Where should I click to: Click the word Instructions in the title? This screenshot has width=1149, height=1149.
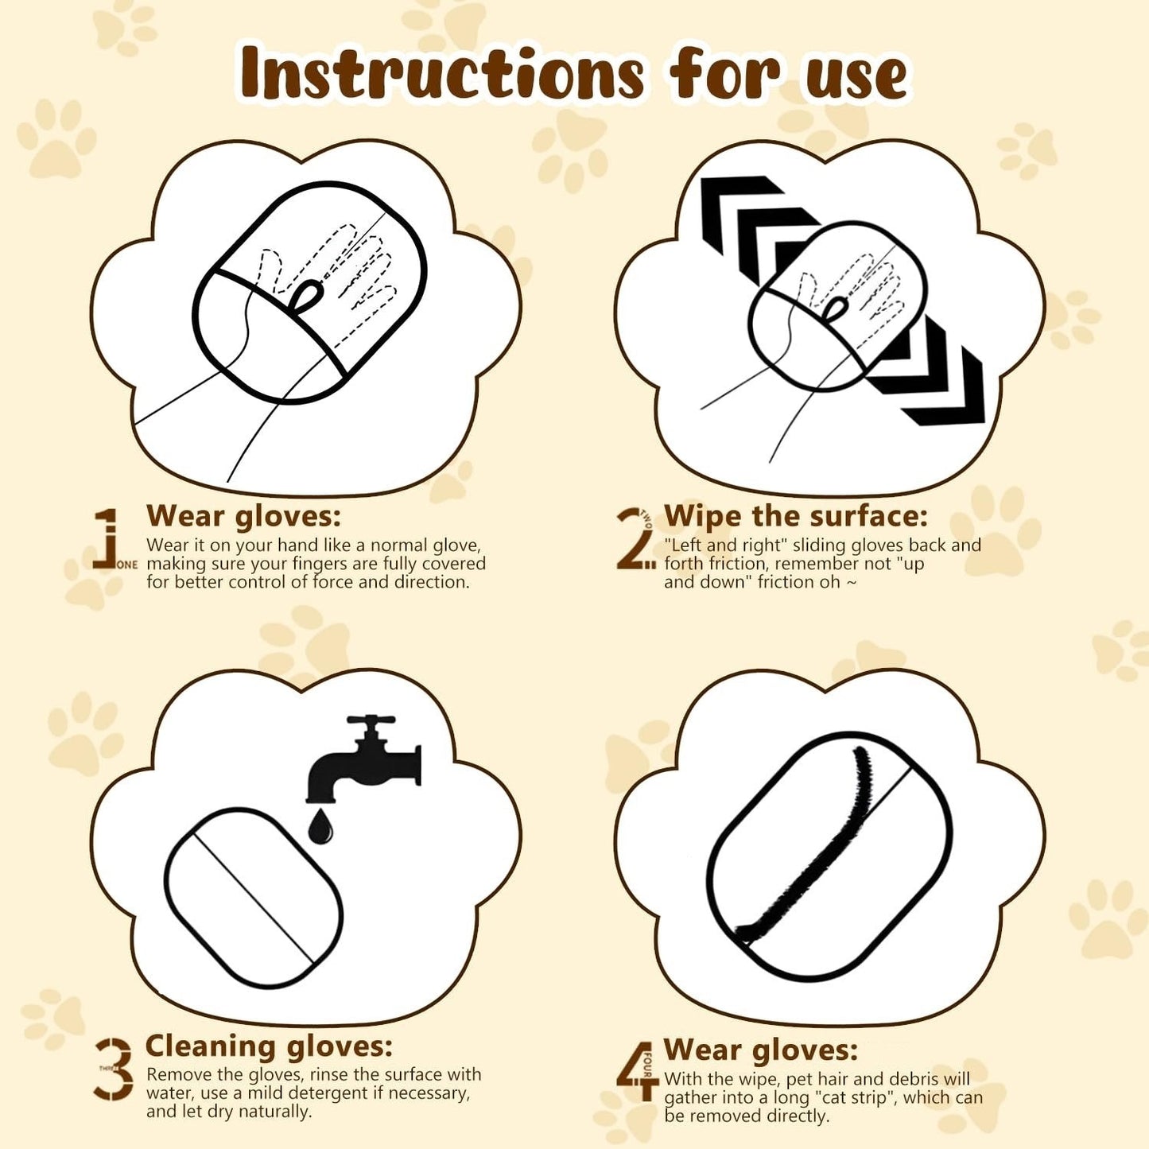(441, 73)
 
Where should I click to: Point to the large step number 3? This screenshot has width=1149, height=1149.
(115, 1069)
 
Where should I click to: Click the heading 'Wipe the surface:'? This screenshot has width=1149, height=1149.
(795, 516)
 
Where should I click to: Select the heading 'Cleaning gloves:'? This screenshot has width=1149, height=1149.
(269, 1046)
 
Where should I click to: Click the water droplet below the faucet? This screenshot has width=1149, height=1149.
(320, 827)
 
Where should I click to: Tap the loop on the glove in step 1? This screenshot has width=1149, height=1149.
(306, 297)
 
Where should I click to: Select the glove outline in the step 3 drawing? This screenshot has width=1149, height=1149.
(254, 897)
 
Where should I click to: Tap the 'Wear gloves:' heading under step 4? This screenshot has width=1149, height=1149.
(760, 1050)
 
